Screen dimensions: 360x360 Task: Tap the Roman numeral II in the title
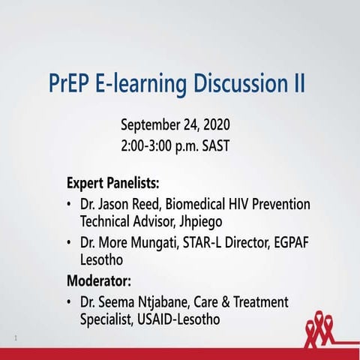click(x=298, y=83)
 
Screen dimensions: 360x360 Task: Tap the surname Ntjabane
click(x=166, y=302)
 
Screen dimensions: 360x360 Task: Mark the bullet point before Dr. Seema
click(x=70, y=303)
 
